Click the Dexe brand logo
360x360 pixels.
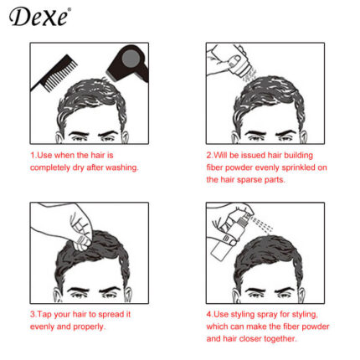click(41, 17)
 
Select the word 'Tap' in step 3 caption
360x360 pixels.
click(45, 314)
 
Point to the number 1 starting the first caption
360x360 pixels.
click(32, 155)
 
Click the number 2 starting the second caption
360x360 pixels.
click(208, 155)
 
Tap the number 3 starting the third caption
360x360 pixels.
click(32, 314)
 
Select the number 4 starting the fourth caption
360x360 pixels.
click(208, 314)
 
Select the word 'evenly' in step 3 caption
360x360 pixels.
click(45, 327)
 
